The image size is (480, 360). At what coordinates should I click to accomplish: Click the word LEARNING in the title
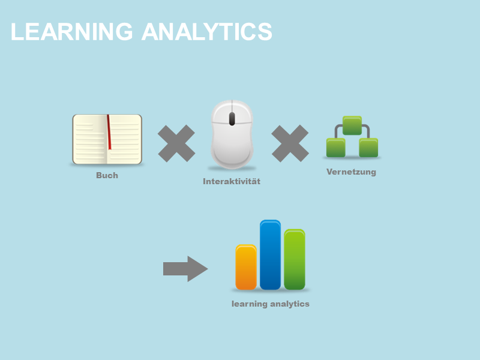(71, 32)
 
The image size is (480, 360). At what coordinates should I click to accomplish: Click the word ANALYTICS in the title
(207, 32)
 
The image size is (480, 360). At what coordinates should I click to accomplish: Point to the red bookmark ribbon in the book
(109, 132)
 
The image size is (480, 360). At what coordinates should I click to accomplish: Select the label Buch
(107, 176)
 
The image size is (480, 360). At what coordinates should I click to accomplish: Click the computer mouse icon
(232, 134)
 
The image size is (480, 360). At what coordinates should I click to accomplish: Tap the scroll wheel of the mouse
(232, 118)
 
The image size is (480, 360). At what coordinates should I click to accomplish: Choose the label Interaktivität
(232, 181)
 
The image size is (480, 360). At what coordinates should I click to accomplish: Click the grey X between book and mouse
(176, 143)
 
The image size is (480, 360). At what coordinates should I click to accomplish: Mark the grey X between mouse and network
(290, 143)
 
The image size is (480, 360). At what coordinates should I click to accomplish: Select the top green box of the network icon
(352, 125)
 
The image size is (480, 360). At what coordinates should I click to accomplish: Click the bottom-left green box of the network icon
(336, 148)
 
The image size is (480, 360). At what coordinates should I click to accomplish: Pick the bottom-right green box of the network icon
(368, 148)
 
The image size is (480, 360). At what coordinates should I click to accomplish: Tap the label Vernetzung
(351, 172)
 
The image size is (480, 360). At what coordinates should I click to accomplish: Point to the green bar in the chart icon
(295, 259)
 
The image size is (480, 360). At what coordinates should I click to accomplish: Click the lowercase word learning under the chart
(250, 304)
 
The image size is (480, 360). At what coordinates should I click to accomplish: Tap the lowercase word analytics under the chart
(290, 304)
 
